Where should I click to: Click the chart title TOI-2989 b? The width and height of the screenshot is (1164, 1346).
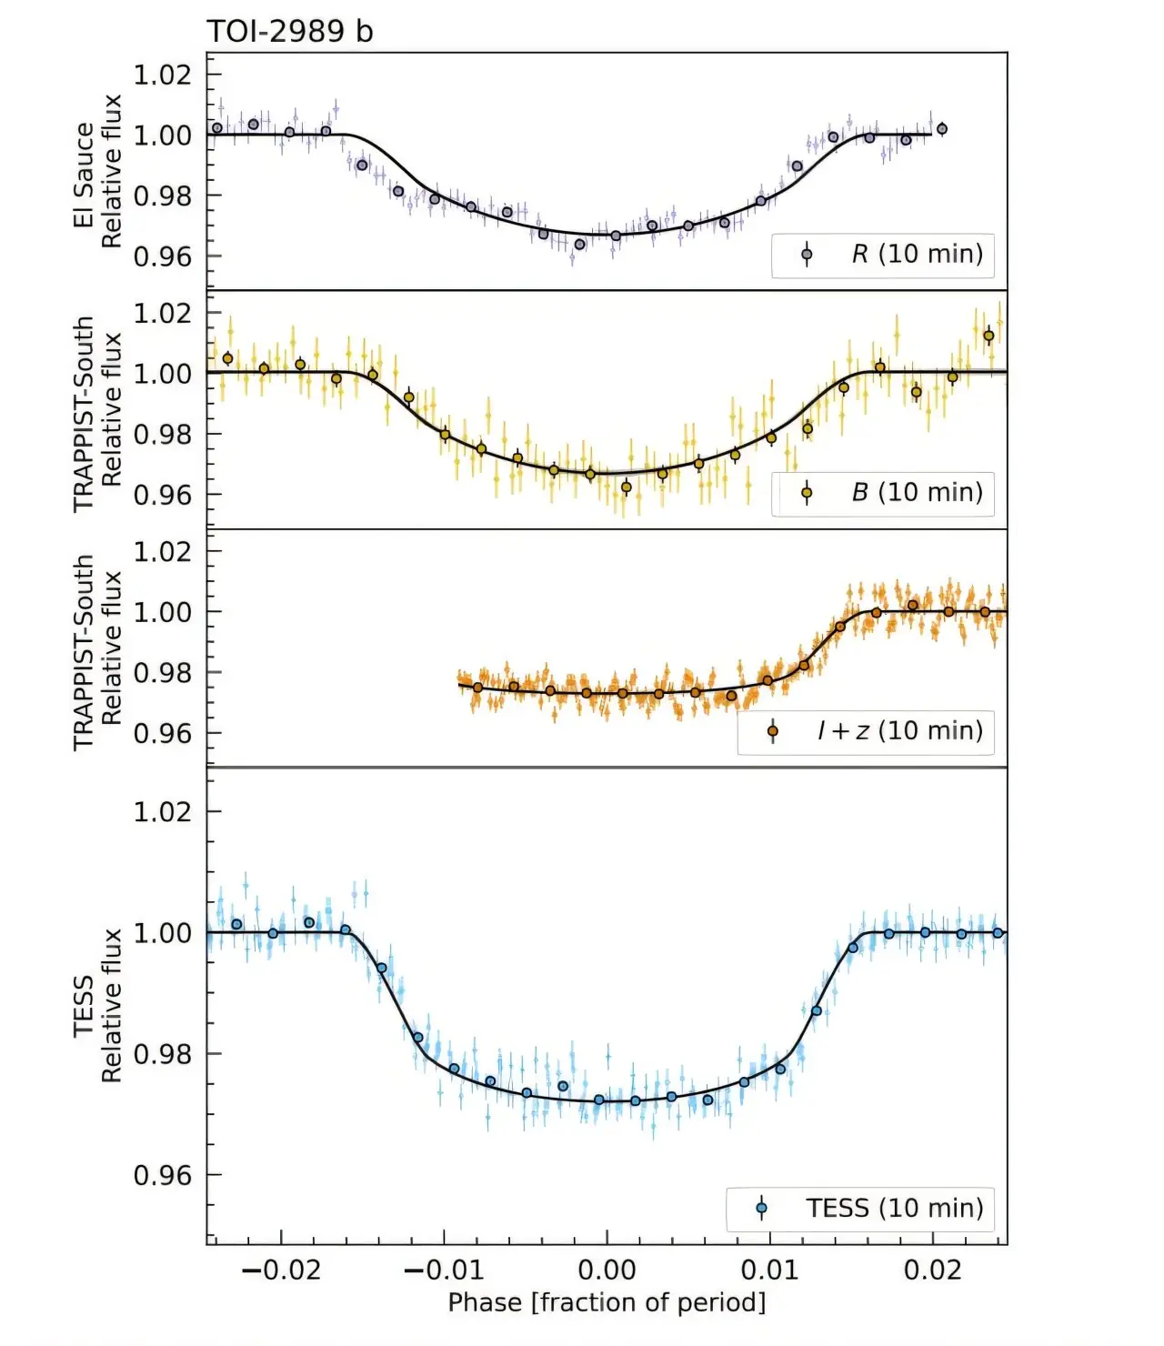[289, 32]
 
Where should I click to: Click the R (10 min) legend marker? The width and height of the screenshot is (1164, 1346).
[807, 255]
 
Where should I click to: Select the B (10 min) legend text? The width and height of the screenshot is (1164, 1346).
[917, 493]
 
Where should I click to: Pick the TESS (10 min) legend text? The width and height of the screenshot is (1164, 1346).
[894, 1209]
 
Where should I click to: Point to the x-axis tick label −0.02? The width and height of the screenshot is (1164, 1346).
[281, 1270]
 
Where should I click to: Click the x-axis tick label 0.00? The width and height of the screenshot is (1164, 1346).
[607, 1270]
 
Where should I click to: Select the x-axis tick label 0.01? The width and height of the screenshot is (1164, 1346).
[770, 1270]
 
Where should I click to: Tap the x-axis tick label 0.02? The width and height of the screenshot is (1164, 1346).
[933, 1270]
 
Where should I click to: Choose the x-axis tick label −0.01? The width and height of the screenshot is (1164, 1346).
[444, 1270]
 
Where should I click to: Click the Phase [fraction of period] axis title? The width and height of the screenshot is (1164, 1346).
[607, 1302]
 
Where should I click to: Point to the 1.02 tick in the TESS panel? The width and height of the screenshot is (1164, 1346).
[163, 811]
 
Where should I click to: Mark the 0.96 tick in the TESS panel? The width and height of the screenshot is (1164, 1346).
[163, 1175]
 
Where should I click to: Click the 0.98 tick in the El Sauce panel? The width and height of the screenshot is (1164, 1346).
[163, 196]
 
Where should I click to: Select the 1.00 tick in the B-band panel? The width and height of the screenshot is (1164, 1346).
[163, 373]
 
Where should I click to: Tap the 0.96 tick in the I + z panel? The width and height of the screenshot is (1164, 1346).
[163, 733]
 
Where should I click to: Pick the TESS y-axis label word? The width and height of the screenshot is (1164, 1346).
[84, 1006]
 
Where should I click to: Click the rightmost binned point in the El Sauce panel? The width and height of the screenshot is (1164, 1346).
[942, 129]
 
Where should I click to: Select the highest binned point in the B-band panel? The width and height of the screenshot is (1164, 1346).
[988, 336]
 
